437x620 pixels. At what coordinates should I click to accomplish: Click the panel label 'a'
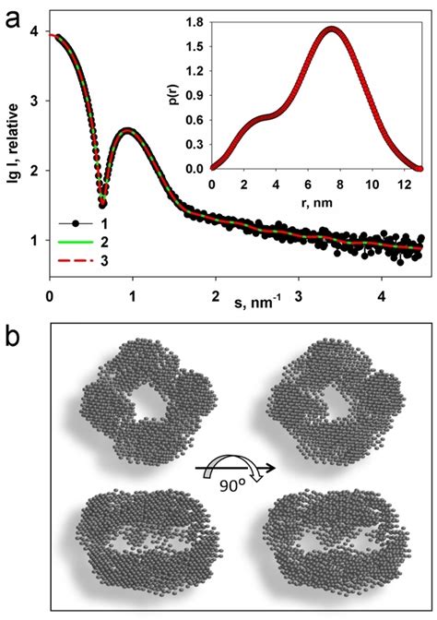(12, 15)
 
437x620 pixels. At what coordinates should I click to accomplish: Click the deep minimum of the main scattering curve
(102, 204)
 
